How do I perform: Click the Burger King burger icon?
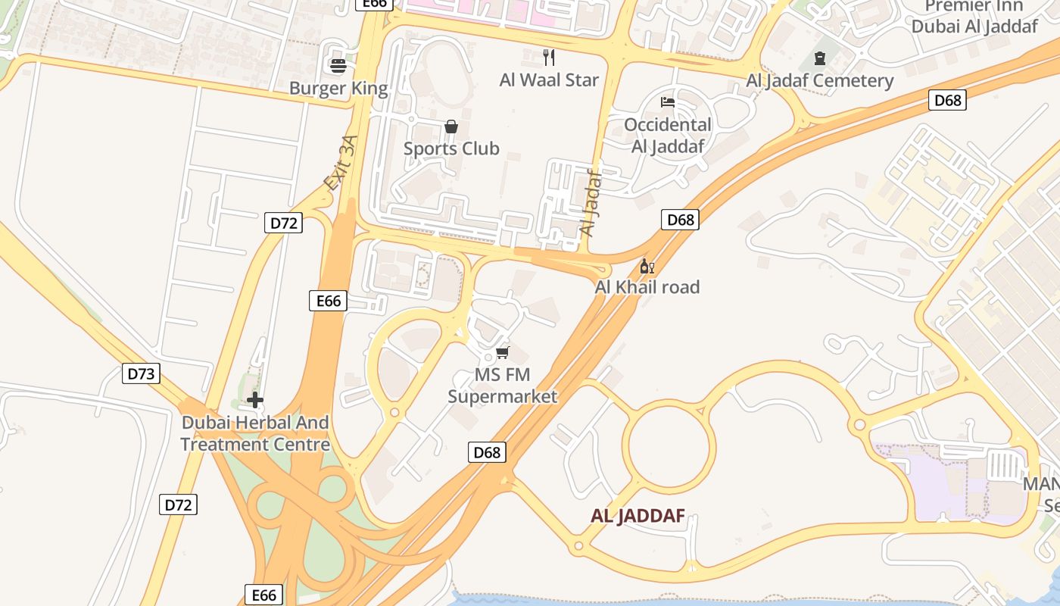click(338, 66)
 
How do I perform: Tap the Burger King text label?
click(338, 89)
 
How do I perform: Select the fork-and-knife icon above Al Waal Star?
click(549, 57)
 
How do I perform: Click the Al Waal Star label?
click(549, 80)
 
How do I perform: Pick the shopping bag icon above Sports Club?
click(451, 127)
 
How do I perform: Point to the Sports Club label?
click(451, 148)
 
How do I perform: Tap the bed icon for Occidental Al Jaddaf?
click(667, 102)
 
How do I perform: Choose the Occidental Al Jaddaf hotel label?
click(667, 136)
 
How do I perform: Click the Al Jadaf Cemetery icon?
click(819, 58)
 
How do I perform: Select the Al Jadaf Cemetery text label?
click(820, 80)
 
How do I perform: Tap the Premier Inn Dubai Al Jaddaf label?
click(974, 17)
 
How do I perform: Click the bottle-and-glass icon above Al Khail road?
click(647, 266)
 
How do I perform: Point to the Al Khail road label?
click(647, 287)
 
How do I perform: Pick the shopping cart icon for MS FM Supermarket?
click(502, 352)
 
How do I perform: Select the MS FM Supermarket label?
click(502, 386)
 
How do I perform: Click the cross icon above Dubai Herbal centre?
click(255, 400)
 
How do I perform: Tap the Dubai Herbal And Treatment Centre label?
click(255, 433)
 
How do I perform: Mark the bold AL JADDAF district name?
click(638, 517)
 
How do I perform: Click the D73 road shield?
click(141, 373)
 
